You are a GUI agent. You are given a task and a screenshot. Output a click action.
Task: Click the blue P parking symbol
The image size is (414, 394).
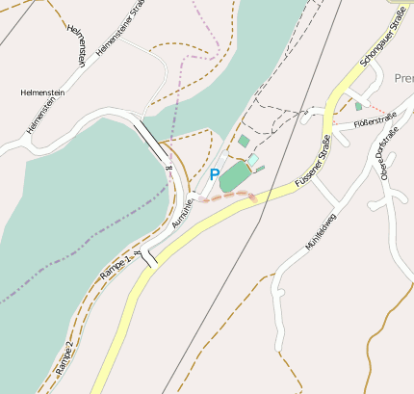[x=214, y=175]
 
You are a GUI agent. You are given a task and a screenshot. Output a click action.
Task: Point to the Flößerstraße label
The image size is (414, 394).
[x=375, y=120]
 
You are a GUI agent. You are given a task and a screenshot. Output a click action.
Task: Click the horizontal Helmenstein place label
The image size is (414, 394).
[x=42, y=92]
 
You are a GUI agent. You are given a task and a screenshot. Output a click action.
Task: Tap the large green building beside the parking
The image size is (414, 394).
[x=234, y=177]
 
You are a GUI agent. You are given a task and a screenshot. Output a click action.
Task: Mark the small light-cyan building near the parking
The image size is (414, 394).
[x=253, y=159]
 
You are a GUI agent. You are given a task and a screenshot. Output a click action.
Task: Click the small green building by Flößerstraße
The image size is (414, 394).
[x=358, y=106]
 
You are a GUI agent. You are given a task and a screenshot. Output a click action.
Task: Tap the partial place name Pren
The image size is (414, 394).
[x=403, y=77]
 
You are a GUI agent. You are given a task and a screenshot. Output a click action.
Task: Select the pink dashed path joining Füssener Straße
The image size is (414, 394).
[x=231, y=196]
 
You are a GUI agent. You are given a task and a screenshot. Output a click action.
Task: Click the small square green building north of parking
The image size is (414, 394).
[x=244, y=142]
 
